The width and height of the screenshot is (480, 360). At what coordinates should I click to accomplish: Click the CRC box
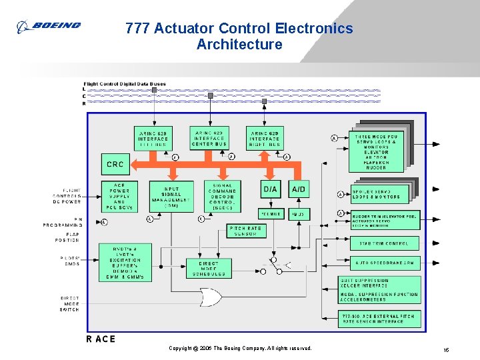click(x=115, y=164)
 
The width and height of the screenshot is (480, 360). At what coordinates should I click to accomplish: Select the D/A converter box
click(x=270, y=189)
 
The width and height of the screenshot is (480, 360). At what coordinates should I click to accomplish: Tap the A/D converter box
click(x=298, y=189)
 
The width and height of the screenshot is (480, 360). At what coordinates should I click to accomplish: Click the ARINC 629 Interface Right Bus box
click(x=265, y=139)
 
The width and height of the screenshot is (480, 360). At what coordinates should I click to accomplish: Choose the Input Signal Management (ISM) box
click(x=171, y=195)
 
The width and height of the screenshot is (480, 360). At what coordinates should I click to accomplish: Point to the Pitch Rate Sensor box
click(x=245, y=231)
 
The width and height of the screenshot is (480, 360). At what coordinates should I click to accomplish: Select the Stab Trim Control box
click(x=385, y=243)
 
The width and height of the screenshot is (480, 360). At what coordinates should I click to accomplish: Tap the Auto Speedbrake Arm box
click(x=385, y=263)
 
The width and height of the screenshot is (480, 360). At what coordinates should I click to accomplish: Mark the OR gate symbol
click(x=211, y=295)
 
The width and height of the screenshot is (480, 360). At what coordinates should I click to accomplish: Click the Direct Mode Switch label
click(x=69, y=304)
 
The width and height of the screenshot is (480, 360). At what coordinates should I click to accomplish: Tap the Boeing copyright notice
click(x=239, y=349)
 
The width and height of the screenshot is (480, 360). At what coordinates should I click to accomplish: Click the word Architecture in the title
click(x=239, y=45)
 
